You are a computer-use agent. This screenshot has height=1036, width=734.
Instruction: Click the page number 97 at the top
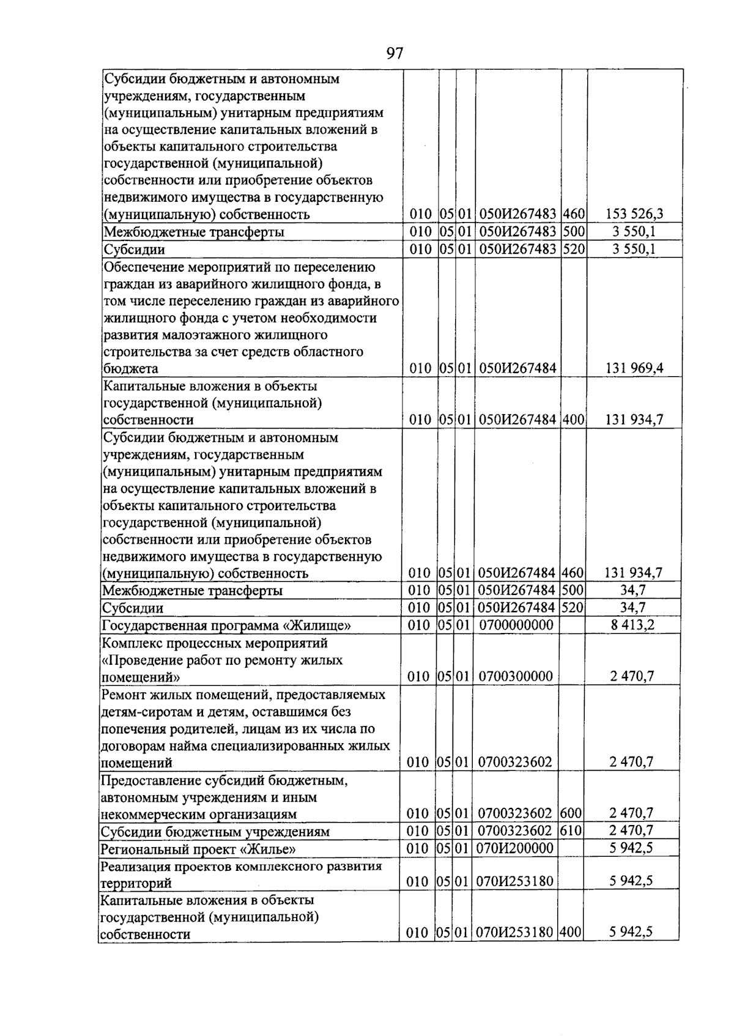pos(395,54)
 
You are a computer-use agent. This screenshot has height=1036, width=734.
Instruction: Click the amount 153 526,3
pos(634,214)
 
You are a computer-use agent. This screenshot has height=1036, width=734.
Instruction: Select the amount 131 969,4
pos(634,368)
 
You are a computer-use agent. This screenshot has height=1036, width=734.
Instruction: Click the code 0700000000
pos(516,625)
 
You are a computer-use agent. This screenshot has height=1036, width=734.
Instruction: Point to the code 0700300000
pos(516,676)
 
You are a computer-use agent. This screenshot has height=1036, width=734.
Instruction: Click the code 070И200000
pos(516,848)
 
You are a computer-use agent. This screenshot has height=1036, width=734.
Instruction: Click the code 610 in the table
pos(570,831)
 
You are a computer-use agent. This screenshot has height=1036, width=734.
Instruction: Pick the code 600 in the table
pos(570,813)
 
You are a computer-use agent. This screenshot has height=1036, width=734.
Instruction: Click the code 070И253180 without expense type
pos(516,881)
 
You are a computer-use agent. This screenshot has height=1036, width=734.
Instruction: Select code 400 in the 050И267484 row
pos(572,420)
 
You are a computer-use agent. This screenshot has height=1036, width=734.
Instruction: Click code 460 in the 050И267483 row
pos(573,214)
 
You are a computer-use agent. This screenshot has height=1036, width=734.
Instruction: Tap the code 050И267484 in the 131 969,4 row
pos(517,368)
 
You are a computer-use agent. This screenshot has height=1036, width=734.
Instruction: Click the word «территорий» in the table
pos(136,883)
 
